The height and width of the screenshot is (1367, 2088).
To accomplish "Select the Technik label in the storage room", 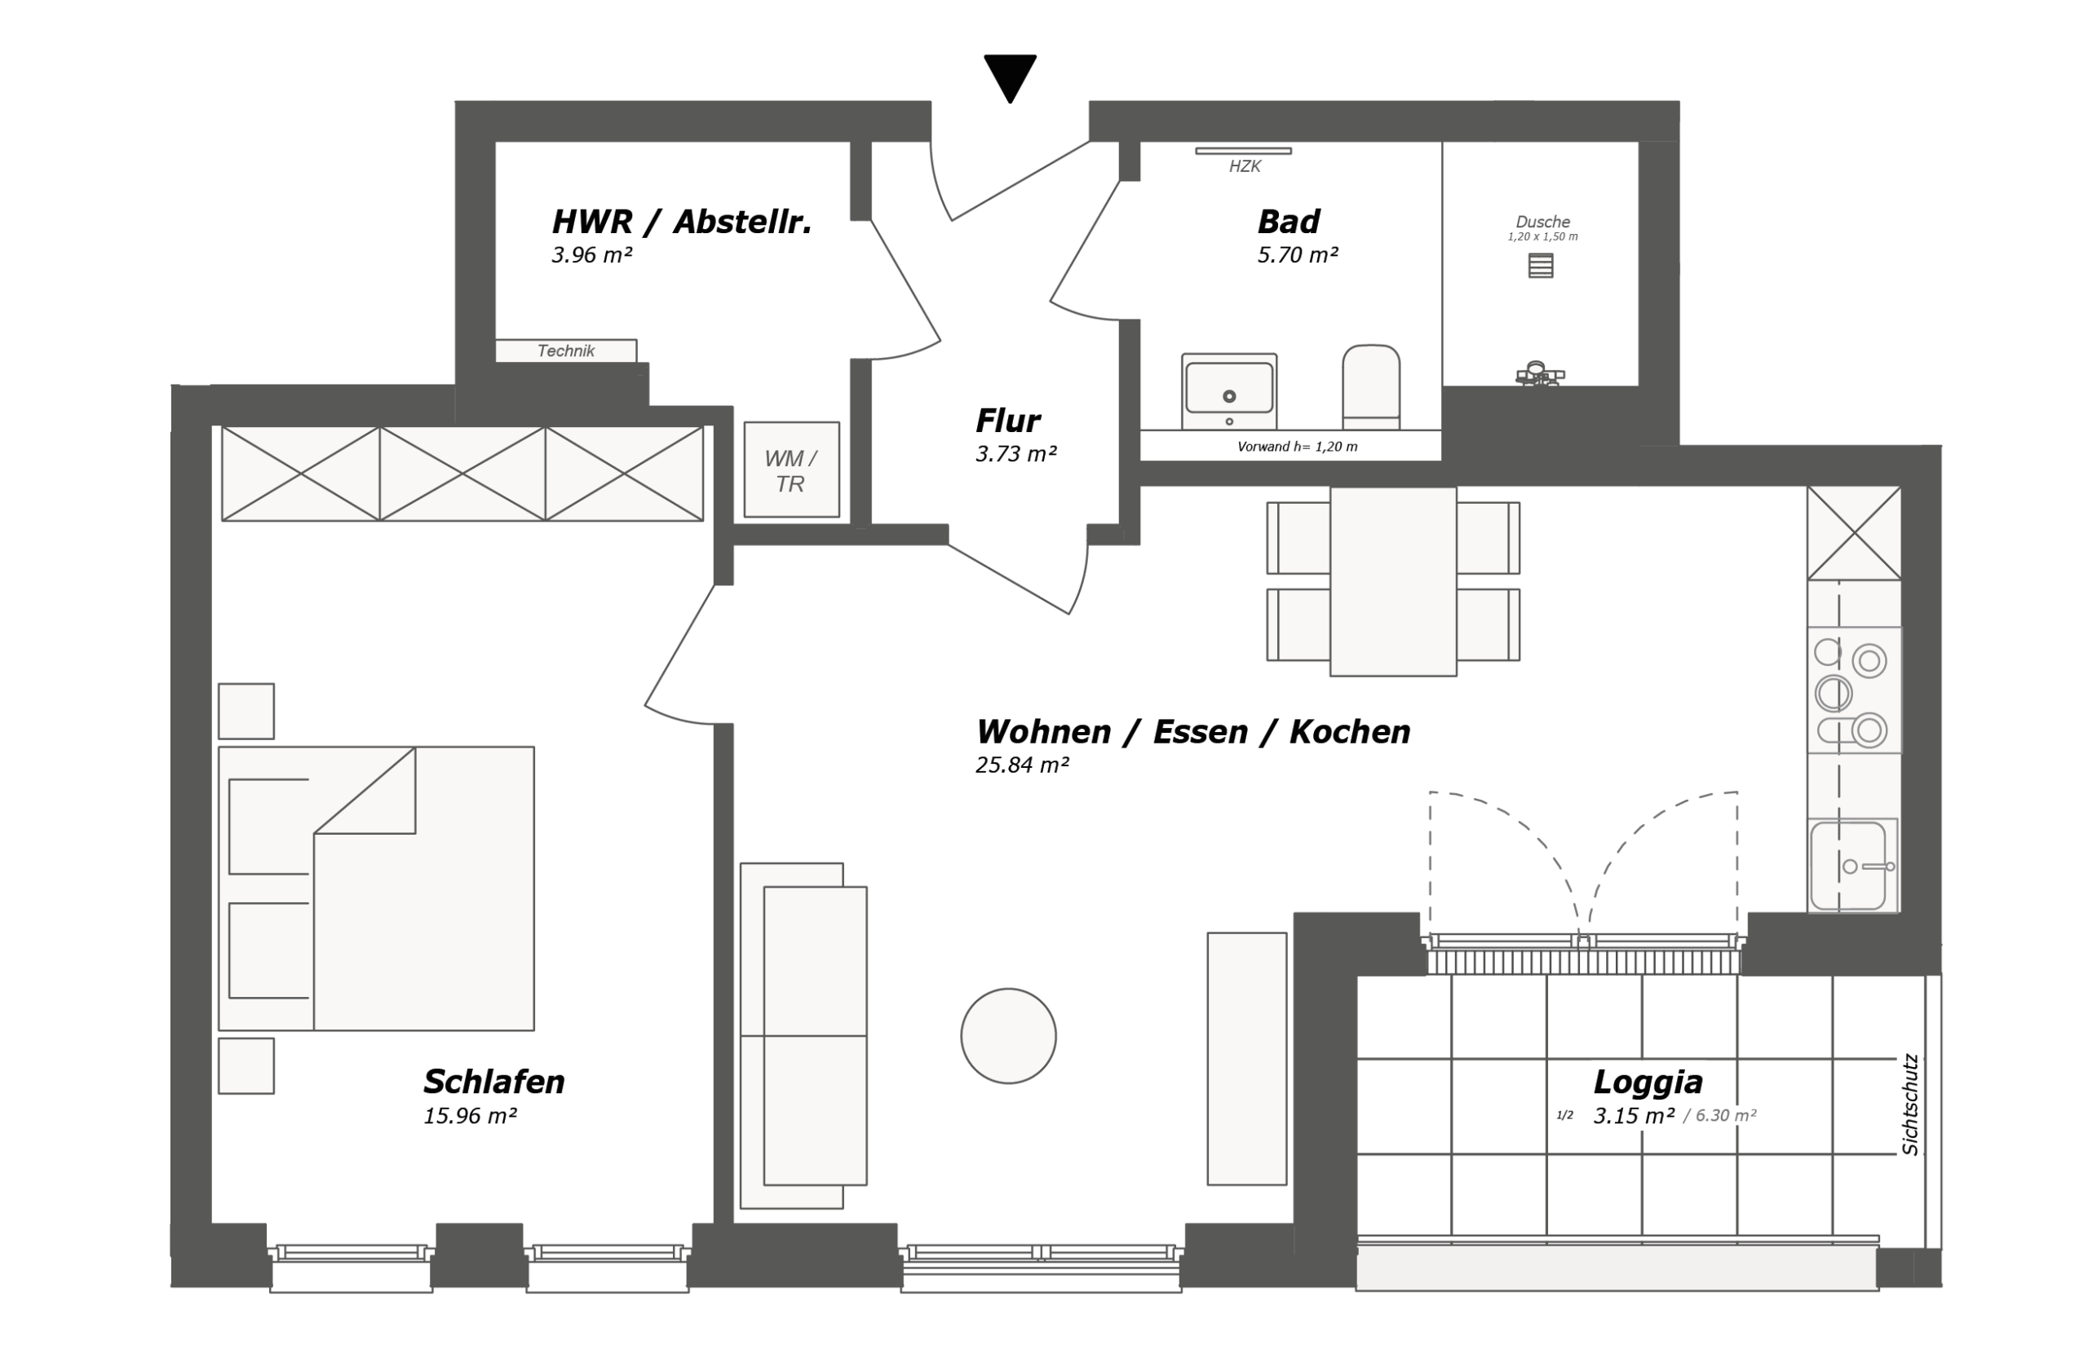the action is coord(566,351).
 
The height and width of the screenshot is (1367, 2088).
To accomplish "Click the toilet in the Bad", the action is coord(1370,386).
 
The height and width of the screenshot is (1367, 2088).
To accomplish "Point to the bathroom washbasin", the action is coord(1229,391).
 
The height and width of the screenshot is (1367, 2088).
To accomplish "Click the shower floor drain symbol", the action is coord(1541,265).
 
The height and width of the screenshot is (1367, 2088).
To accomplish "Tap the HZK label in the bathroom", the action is coord(1244,165).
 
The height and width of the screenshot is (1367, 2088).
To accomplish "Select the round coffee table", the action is coord(1008,1035).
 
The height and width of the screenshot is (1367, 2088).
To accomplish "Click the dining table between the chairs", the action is coord(1393,581).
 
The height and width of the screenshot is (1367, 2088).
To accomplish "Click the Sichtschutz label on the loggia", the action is coord(1910,1104).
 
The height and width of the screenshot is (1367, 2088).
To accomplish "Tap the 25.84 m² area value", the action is coord(1022,765).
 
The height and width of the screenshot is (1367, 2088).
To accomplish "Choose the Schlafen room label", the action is coord(494,1081).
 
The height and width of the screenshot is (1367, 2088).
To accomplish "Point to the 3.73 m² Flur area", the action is coord(1016,453).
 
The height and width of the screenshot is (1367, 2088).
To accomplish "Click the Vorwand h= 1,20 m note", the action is coord(1297,447).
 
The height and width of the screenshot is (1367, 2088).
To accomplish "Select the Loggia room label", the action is coord(1648,1081).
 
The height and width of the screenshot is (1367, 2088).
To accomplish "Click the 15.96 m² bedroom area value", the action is coord(469,1115).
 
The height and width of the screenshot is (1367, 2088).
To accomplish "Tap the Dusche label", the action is coord(1542,222).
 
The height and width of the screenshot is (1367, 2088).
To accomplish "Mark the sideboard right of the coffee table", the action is coord(1246,1058).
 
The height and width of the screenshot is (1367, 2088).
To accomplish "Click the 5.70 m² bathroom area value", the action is coord(1298,254).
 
